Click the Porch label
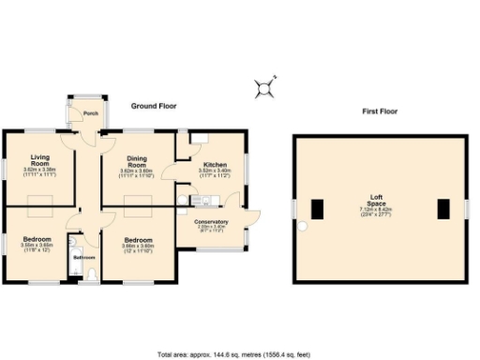[91, 113]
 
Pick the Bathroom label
[84, 256]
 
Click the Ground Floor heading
[154, 106]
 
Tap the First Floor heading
[380, 112]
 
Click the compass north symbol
[266, 88]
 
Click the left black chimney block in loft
[318, 209]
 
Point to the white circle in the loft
[302, 227]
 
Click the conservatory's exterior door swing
[250, 216]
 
